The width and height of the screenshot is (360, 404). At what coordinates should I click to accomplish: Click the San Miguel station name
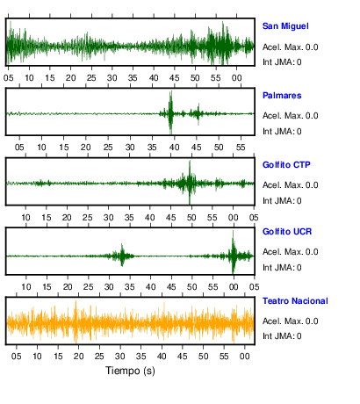click(285, 26)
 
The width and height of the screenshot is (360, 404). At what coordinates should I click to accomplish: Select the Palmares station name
click(282, 96)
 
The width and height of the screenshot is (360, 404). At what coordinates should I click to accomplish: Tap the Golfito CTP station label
click(286, 165)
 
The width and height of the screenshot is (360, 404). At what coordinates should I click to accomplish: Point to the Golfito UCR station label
click(287, 232)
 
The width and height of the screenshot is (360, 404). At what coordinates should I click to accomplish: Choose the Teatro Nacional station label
click(295, 301)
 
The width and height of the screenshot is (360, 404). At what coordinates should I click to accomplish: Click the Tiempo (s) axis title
click(130, 371)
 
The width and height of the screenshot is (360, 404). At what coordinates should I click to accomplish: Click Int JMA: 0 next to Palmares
click(282, 132)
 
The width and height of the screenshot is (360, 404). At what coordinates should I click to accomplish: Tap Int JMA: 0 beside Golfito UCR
click(282, 268)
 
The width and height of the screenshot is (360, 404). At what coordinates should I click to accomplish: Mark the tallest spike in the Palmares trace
click(170, 112)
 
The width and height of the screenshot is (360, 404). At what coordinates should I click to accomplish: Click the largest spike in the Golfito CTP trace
click(190, 182)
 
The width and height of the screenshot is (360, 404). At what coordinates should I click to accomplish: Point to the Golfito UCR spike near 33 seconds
click(122, 255)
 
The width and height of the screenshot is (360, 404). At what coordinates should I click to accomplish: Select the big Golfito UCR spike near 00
click(234, 252)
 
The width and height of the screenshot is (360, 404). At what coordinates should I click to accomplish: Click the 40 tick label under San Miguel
click(154, 78)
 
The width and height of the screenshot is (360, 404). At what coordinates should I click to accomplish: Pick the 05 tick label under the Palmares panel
click(19, 148)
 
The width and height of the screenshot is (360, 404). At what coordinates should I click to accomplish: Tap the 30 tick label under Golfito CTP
click(108, 218)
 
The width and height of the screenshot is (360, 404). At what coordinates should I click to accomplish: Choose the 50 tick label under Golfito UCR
click(192, 287)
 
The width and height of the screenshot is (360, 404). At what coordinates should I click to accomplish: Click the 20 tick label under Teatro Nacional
click(78, 357)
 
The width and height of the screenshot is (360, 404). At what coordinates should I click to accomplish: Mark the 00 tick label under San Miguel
click(237, 78)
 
